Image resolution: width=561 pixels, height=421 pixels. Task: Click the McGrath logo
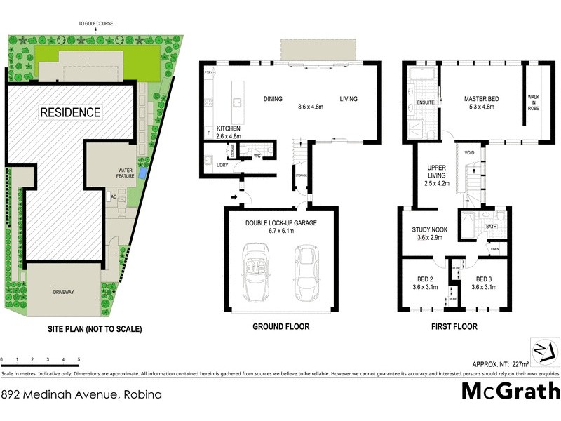(511, 391)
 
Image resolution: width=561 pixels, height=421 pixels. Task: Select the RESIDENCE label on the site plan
(70, 112)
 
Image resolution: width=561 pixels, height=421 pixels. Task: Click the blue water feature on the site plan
(143, 173)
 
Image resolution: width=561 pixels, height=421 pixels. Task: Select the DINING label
(273, 99)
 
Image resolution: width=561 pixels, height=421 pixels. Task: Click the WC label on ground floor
(257, 156)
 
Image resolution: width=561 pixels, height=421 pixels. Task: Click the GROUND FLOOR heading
(280, 327)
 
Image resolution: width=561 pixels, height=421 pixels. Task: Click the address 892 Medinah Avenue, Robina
(81, 394)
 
